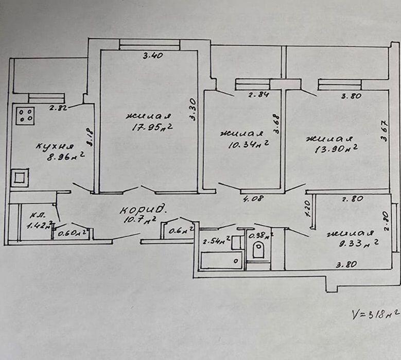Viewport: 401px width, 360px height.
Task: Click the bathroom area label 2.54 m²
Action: click(x=215, y=241)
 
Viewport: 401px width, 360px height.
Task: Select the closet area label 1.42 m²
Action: click(x=41, y=225)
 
